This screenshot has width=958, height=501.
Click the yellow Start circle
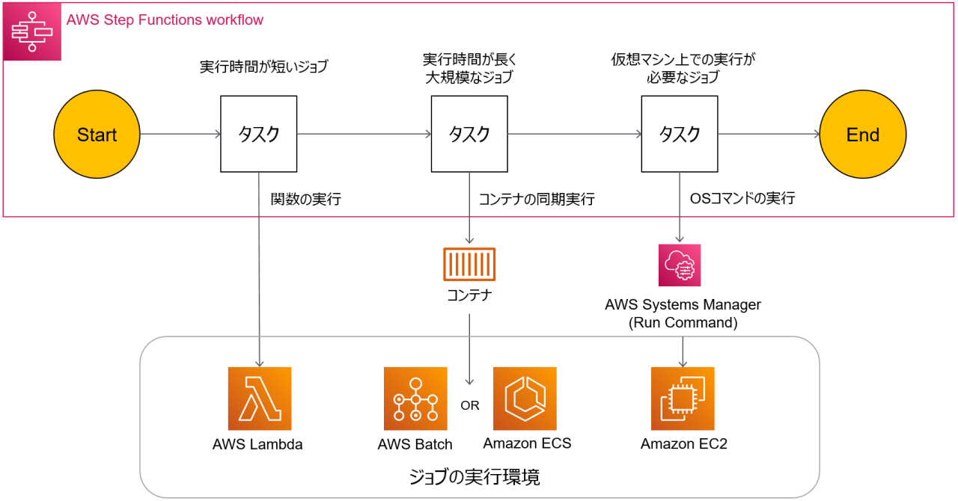coord(97,135)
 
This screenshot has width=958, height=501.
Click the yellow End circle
coord(862,135)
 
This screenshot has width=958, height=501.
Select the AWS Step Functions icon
coord(32,31)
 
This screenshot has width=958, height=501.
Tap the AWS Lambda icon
coord(260,399)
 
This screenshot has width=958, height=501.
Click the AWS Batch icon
coord(415,399)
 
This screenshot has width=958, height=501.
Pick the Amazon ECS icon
coord(525,399)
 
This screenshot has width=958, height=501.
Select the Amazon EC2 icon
coord(683,399)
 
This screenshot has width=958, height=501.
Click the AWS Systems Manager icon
coord(680,265)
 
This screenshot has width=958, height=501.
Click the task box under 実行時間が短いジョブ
coord(259,134)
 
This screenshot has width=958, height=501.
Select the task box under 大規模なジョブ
coord(469,134)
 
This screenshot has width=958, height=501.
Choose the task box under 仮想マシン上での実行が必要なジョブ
coord(680,134)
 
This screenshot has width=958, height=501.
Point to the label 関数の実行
coord(306,200)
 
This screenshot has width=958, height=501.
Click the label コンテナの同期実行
coord(537,200)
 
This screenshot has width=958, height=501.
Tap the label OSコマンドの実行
coord(742,199)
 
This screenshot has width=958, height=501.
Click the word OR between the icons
coord(470,405)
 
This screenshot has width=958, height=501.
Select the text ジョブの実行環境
coord(475,476)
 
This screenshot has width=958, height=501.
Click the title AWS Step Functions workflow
coord(165,20)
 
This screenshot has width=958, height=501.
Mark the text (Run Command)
coord(683,323)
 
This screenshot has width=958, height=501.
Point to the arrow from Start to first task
coord(180,135)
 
